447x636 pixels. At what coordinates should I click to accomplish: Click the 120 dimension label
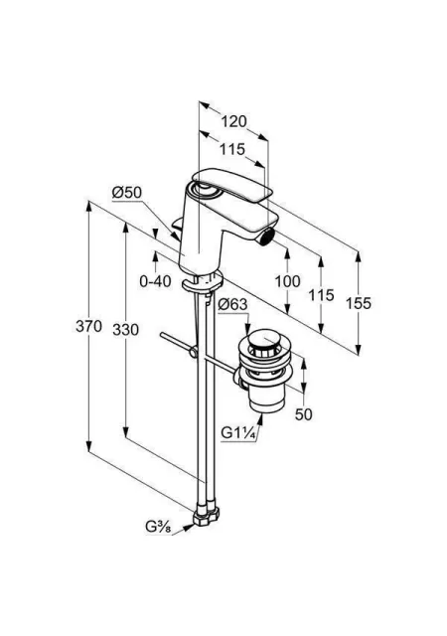[x=234, y=121]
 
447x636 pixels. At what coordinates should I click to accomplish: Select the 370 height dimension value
[x=88, y=326]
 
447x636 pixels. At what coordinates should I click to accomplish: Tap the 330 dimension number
[x=126, y=330]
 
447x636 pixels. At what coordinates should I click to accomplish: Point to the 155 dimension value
[x=359, y=303]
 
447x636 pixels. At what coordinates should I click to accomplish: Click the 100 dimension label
[x=288, y=281]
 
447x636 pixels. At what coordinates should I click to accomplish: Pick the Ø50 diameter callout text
[x=127, y=193]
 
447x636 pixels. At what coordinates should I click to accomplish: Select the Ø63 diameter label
[x=232, y=304]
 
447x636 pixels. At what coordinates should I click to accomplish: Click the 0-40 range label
[x=155, y=281]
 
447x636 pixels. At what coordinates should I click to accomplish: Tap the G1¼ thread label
[x=238, y=433]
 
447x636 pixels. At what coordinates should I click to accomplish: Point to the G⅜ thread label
[x=159, y=528]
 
